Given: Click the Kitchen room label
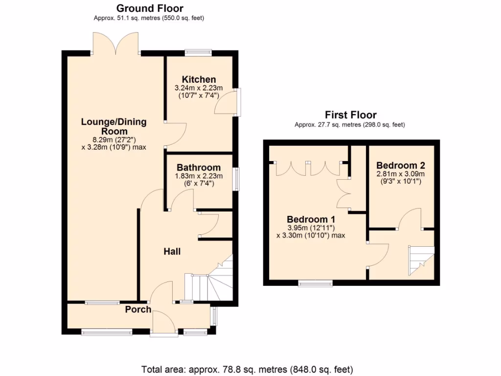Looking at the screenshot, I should tap(199, 79).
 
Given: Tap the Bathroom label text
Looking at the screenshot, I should tap(199, 167).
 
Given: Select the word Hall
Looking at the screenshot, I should tap(172, 252).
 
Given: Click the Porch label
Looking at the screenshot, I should tap(138, 309).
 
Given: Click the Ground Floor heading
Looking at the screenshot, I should tap(150, 8).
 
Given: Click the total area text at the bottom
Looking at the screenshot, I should tap(247, 369).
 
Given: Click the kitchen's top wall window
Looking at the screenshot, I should tap(198, 51).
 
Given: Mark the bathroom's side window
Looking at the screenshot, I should tap(236, 179).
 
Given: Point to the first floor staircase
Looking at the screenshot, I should tap(421, 259).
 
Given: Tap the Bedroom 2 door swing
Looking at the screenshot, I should tap(410, 219).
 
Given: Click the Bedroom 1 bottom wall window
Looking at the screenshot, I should tap(316, 283).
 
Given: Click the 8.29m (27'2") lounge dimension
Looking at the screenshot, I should tap(114, 140).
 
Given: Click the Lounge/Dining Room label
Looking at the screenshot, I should tap(114, 126).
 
